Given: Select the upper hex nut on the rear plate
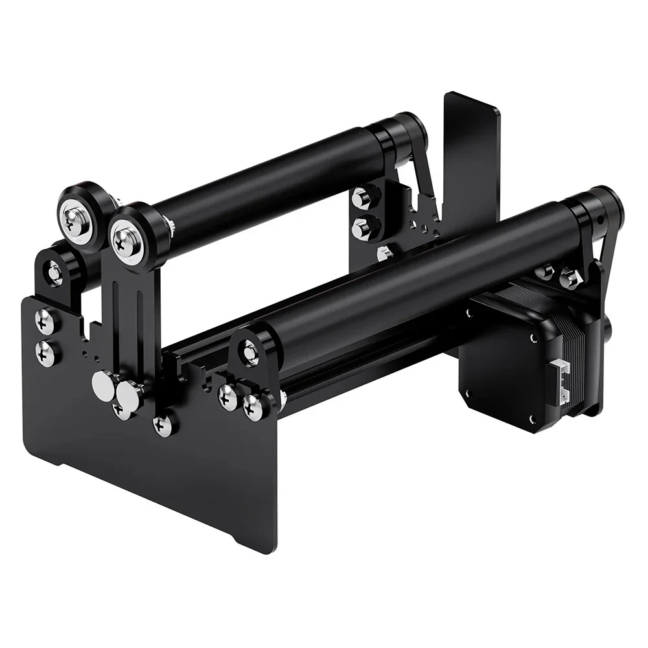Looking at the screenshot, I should coord(362,197).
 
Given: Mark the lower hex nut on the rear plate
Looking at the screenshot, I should coord(361,228).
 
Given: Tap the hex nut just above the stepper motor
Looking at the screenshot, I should coord(570,279).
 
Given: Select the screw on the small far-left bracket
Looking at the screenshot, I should coord(55,269).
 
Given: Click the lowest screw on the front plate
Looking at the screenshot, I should coord(163,425).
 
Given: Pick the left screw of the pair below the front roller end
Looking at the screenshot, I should coord(227,395).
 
